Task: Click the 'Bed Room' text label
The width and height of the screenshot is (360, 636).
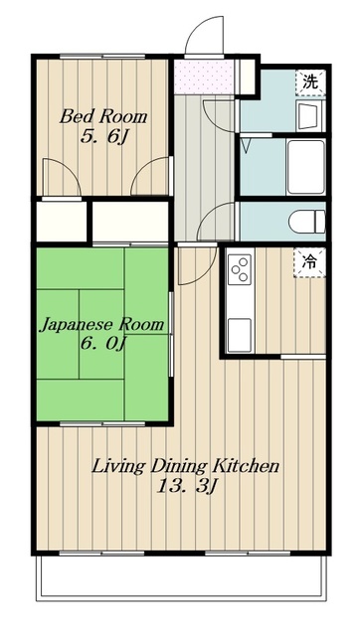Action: [103, 117]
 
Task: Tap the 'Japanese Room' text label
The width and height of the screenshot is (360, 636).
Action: [101, 325]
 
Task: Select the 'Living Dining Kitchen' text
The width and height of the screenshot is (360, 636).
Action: [186, 466]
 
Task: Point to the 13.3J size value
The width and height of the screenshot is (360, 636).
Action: [186, 487]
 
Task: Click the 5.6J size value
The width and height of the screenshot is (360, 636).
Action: [104, 137]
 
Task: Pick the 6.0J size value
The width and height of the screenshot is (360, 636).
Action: [103, 344]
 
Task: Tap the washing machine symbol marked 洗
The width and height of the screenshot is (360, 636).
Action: [310, 82]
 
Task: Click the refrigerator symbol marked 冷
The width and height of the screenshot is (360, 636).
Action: [310, 262]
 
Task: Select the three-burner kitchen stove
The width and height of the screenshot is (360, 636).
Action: [239, 269]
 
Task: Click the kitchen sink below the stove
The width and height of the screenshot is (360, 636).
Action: [239, 335]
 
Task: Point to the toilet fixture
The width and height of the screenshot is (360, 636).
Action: [307, 223]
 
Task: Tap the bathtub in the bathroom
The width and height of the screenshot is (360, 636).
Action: [306, 168]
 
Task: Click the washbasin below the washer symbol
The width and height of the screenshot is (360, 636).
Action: [309, 115]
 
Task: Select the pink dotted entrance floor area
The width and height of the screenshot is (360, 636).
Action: [204, 78]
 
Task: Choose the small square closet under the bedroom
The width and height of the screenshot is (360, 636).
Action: [62, 222]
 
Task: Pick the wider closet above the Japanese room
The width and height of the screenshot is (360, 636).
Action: [130, 222]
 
